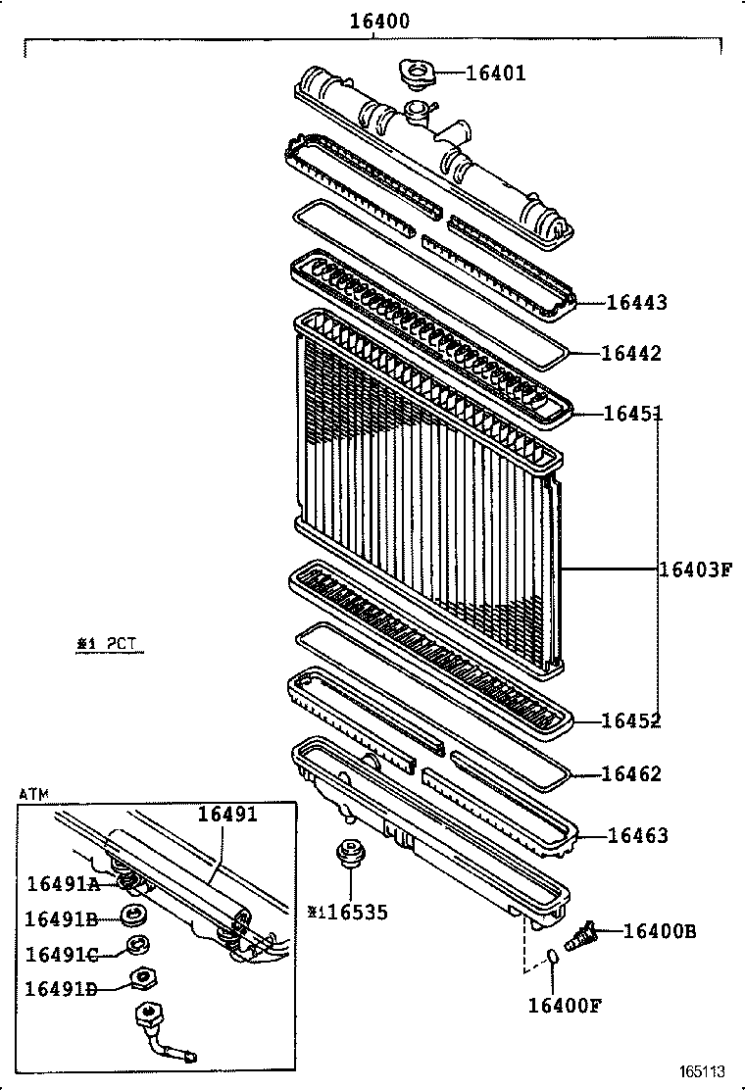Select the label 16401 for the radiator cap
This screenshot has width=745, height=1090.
[x=495, y=73]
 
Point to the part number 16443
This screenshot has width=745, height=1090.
[x=636, y=303]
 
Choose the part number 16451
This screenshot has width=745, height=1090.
[x=632, y=414]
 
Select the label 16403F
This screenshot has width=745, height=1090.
[x=695, y=569]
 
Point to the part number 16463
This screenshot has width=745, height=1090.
[x=637, y=836]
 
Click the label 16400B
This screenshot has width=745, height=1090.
[x=660, y=931]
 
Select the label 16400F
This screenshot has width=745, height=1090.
[x=564, y=1005]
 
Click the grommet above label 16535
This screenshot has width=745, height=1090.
[x=348, y=854]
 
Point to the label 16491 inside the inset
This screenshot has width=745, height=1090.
[x=227, y=815]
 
